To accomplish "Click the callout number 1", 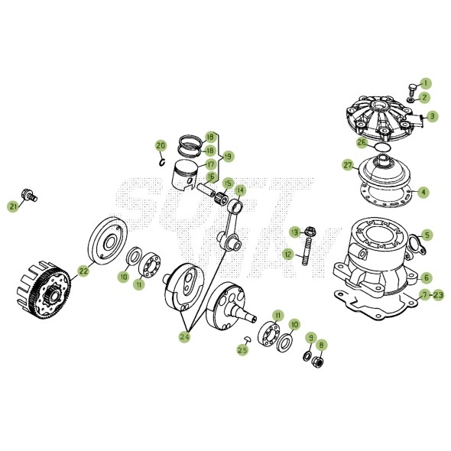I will [x=426, y=83].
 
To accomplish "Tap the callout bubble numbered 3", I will [x=432, y=116].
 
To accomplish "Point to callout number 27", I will [x=348, y=165].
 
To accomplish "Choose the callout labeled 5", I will [x=427, y=235].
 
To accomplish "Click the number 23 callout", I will [x=439, y=294].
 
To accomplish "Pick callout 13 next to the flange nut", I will [x=294, y=232].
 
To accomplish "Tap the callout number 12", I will [x=287, y=253].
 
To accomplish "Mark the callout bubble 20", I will [x=161, y=145].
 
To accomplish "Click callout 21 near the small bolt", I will [x=13, y=206].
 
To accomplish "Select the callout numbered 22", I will [x=83, y=270].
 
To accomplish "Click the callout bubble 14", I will [x=240, y=190].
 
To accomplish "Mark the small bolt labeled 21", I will [x=31, y=195].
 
